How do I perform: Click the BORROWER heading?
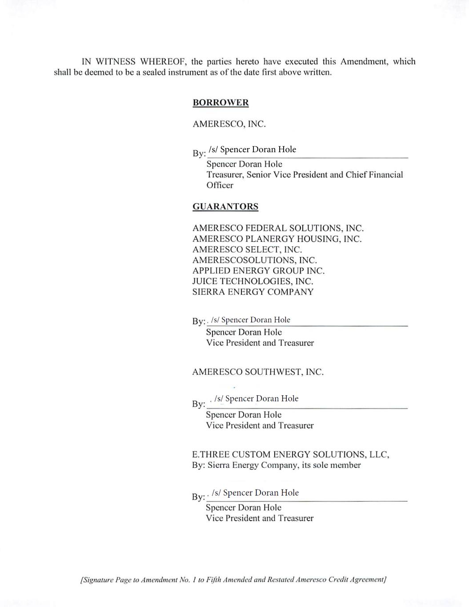click(x=220, y=103)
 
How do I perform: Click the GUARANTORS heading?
click(x=225, y=207)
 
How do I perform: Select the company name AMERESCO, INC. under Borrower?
click(x=229, y=124)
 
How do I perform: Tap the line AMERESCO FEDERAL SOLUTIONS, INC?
click(x=278, y=228)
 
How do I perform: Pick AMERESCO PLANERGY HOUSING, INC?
click(x=277, y=239)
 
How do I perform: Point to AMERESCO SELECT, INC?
click(x=247, y=249)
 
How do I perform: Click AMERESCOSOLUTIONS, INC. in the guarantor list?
click(x=254, y=260)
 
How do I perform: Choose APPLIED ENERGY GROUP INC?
click(x=258, y=271)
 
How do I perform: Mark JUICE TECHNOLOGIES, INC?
click(x=253, y=281)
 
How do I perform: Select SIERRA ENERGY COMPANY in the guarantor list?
click(x=253, y=292)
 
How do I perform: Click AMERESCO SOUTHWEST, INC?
click(x=258, y=372)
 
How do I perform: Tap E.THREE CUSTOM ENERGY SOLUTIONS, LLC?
click(x=290, y=454)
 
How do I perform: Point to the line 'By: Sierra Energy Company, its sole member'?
click(x=276, y=465)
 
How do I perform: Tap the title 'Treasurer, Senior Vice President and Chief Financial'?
click(x=305, y=175)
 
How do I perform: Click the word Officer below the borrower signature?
click(x=220, y=185)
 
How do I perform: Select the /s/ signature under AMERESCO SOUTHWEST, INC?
click(x=256, y=399)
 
